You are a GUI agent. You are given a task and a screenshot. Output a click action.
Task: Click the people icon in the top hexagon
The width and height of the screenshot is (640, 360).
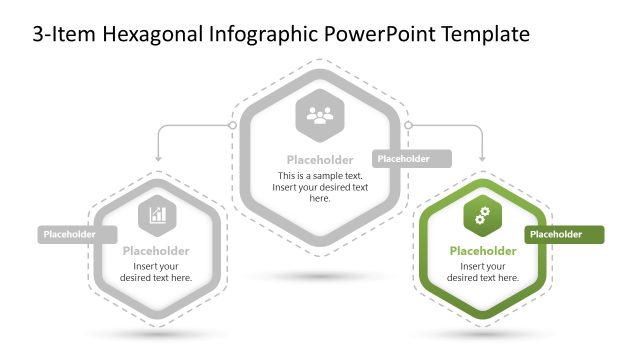point(320,117)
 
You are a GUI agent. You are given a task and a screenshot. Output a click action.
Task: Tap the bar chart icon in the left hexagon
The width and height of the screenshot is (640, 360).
point(158,212)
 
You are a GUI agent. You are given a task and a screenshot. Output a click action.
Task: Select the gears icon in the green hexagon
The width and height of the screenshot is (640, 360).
point(482,213)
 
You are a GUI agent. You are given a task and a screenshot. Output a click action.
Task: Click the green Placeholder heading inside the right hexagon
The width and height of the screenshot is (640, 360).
point(483,251)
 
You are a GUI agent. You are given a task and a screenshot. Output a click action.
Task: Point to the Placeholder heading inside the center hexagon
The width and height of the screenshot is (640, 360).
point(320,160)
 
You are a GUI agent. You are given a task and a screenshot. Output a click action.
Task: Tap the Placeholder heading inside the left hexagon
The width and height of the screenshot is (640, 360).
point(157,251)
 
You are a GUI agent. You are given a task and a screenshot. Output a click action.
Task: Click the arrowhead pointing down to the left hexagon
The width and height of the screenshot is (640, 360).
point(158,158)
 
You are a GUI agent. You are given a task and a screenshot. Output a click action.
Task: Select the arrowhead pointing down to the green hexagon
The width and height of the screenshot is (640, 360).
point(483,158)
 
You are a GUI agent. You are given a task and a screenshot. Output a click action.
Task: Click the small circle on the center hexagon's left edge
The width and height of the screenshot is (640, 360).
point(233,125)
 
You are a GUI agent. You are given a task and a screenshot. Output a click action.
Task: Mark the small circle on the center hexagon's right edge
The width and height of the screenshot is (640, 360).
point(408,125)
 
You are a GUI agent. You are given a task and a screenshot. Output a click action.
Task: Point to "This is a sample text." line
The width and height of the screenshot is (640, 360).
point(320,176)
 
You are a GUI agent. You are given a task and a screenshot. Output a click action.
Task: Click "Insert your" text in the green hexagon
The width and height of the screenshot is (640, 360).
point(483,266)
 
